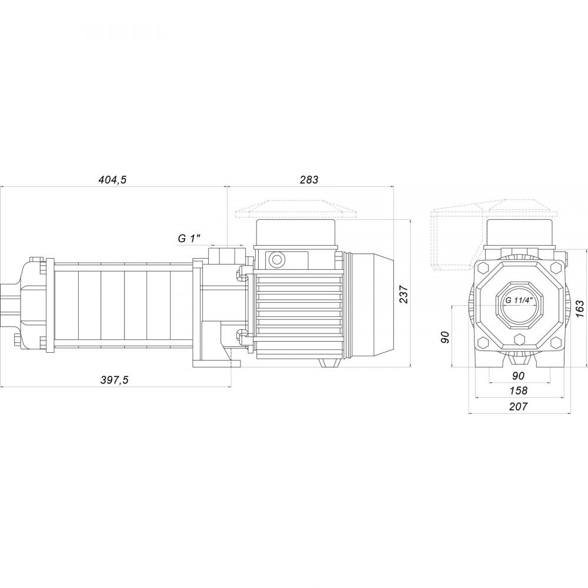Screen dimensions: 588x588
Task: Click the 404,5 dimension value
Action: (x=112, y=180)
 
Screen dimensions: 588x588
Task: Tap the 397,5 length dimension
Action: (x=113, y=380)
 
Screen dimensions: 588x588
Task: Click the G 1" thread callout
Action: (x=189, y=238)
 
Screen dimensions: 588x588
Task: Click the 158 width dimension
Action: (x=519, y=390)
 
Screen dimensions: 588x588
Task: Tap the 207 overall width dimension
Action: (x=519, y=406)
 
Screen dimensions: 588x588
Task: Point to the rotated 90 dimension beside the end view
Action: (x=445, y=337)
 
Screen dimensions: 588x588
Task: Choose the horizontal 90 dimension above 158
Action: (x=519, y=376)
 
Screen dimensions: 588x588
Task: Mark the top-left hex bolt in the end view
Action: (x=483, y=268)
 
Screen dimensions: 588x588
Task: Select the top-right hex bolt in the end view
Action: (x=554, y=268)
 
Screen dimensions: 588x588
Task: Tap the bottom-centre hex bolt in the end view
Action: (x=519, y=339)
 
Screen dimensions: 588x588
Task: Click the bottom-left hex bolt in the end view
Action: (x=483, y=342)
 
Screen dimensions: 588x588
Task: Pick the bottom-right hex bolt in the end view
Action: (x=554, y=342)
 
